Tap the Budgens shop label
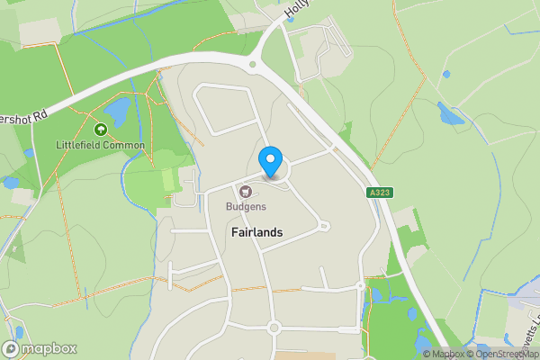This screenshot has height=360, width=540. pyautogui.click(x=245, y=206)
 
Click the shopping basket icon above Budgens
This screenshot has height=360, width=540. pyautogui.click(x=245, y=191)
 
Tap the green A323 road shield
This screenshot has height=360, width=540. pyautogui.click(x=380, y=193)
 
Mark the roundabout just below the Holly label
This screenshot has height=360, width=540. pyautogui.click(x=254, y=63)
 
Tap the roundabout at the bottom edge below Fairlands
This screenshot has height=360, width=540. pyautogui.click(x=274, y=328)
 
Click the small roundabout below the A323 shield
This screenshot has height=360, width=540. pyautogui.click(x=362, y=286)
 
